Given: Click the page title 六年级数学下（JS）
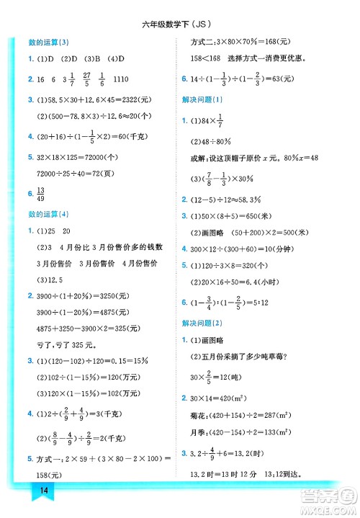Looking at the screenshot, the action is coord(179,26).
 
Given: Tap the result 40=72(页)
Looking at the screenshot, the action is coord(90,173).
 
